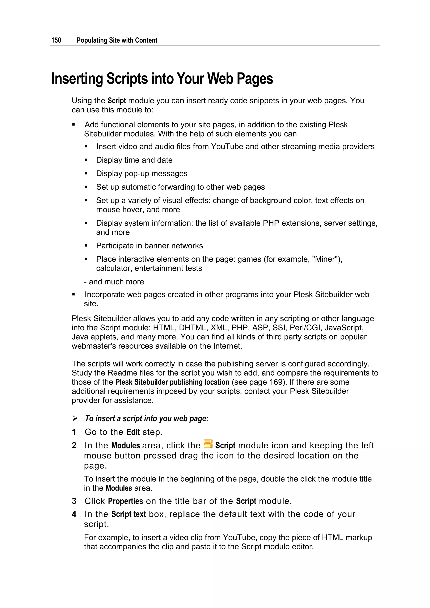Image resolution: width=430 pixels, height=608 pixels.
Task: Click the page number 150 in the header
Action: coord(56,40)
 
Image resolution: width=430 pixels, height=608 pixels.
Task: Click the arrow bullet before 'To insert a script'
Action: coord(75,418)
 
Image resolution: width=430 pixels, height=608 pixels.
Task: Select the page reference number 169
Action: coord(276,382)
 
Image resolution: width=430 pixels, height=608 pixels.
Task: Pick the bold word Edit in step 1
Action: coord(133,432)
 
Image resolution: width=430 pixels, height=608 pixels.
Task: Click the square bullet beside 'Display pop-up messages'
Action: coord(86,174)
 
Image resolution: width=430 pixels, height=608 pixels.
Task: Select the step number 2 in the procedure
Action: coord(74,446)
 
